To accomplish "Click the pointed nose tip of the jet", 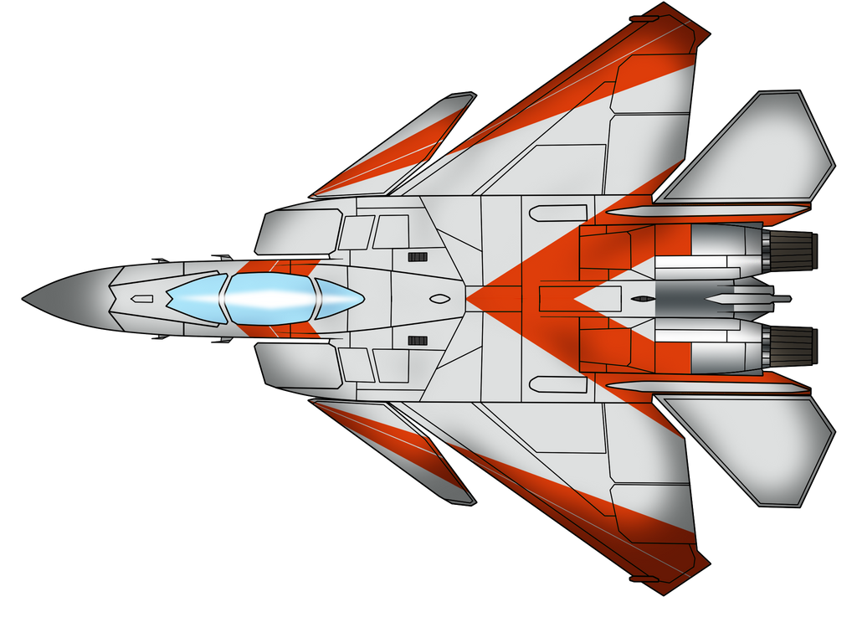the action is tap(24, 298).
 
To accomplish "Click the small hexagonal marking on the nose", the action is tap(142, 299).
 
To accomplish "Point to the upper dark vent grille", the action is tap(418, 256).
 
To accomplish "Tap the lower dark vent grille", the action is tap(418, 340).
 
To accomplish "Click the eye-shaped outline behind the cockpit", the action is tap(438, 299).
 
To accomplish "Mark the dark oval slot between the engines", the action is tap(642, 299).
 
